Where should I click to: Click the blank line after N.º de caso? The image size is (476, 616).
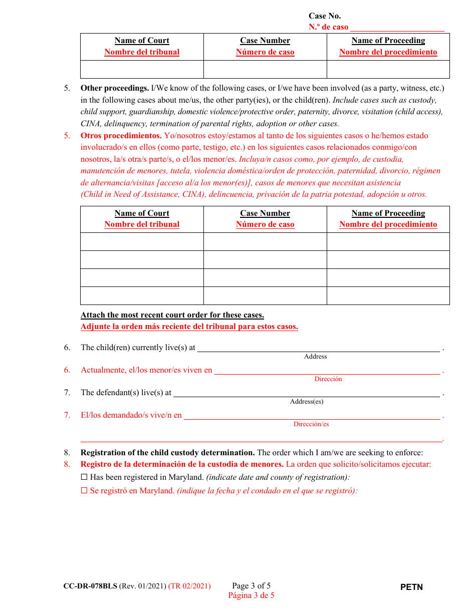click(x=397, y=28)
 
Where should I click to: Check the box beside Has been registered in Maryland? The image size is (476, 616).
click(x=84, y=477)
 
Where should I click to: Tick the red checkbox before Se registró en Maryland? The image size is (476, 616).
click(x=84, y=491)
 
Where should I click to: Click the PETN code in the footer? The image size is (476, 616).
click(x=411, y=587)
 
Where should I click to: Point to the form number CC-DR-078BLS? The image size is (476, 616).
click(x=90, y=586)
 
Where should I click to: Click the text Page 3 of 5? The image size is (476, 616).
click(x=251, y=585)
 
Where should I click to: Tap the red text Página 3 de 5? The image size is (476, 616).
click(x=251, y=595)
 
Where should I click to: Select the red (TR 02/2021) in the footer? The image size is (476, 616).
click(x=189, y=586)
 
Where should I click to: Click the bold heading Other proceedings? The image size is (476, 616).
click(x=115, y=88)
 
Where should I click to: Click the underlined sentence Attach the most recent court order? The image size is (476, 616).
click(x=172, y=315)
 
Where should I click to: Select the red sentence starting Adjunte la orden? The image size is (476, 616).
click(x=189, y=327)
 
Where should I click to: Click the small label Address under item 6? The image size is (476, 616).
click(x=315, y=357)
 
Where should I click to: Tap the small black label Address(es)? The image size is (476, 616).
click(x=306, y=402)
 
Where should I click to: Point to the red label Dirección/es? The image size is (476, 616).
click(x=311, y=424)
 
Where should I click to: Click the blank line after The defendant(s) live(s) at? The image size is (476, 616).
click(x=306, y=394)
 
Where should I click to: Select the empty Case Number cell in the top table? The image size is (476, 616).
click(x=265, y=69)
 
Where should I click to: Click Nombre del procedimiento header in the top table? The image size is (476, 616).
click(x=388, y=52)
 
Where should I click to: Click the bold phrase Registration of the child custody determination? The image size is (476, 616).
click(x=168, y=453)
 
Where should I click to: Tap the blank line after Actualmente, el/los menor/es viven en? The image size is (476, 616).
click(x=327, y=371)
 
